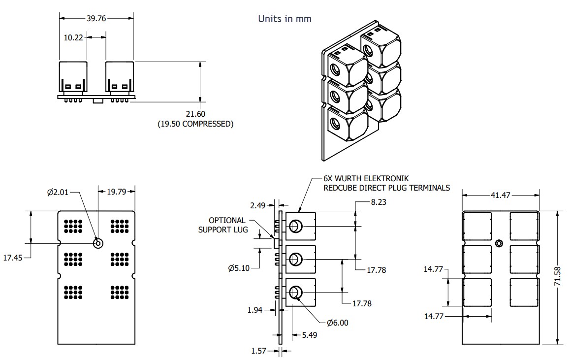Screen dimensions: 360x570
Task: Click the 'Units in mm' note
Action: [x=285, y=19]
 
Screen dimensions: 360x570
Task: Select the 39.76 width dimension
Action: [x=96, y=18]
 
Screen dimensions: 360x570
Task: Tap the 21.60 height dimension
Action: [x=195, y=114]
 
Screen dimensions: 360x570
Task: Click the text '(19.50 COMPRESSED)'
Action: [x=195, y=124]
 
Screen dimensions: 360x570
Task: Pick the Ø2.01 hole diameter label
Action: [x=59, y=193]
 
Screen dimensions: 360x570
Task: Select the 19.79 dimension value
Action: [x=117, y=192]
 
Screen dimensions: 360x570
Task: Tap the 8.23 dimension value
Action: [x=379, y=201]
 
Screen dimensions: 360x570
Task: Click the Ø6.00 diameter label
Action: [x=337, y=323]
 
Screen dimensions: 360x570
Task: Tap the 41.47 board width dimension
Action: [x=500, y=196]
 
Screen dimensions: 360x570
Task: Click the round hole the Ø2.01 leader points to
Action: [x=97, y=243]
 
